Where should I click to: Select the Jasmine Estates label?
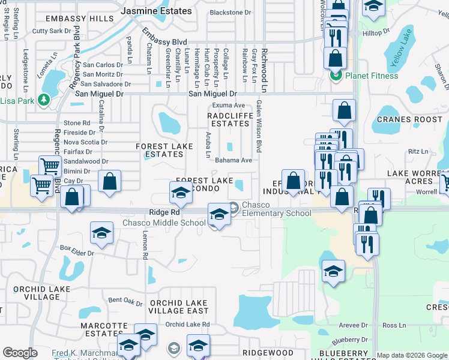[x=156, y=11]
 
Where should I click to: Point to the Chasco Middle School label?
[x=164, y=223]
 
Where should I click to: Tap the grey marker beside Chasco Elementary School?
[x=234, y=207]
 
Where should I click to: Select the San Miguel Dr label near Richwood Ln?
[x=212, y=94]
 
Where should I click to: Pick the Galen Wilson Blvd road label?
[x=259, y=126]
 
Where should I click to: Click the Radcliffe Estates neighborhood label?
[x=228, y=119]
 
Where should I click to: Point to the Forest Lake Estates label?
[x=160, y=150]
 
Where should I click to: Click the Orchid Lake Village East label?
[x=178, y=307]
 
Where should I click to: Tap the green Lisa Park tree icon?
[x=43, y=100]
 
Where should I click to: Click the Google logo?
[x=20, y=353]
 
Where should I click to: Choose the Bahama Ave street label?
[x=234, y=160]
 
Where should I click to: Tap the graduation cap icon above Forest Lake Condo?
[x=180, y=193]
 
